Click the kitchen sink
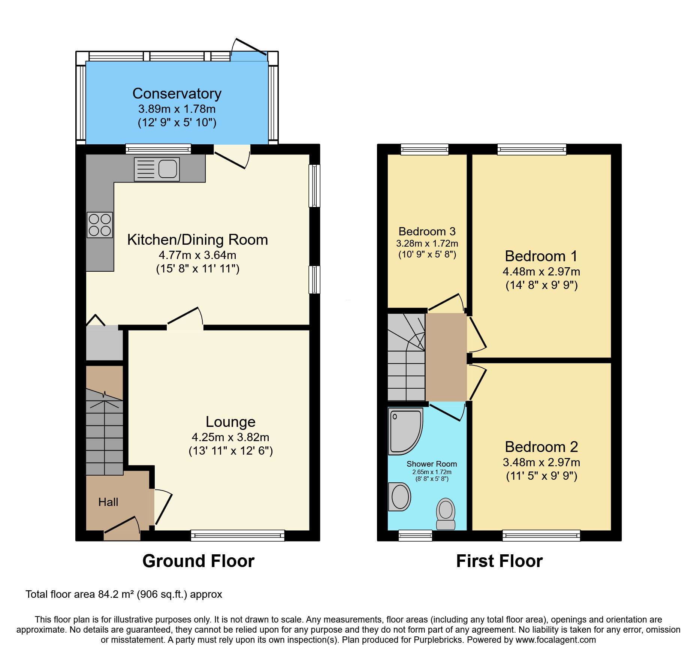point(157,169)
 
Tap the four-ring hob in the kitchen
point(100,225)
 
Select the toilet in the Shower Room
point(446,513)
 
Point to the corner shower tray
point(405,431)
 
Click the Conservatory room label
point(177,94)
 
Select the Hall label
point(108,502)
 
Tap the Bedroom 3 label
point(427,231)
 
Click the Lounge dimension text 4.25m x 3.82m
point(230,437)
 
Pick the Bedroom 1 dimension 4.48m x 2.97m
point(541,271)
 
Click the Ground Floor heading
point(198,561)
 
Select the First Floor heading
point(499,561)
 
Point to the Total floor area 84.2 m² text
point(124,594)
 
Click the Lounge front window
point(238,536)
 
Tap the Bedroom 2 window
point(541,536)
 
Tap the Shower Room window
point(415,536)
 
